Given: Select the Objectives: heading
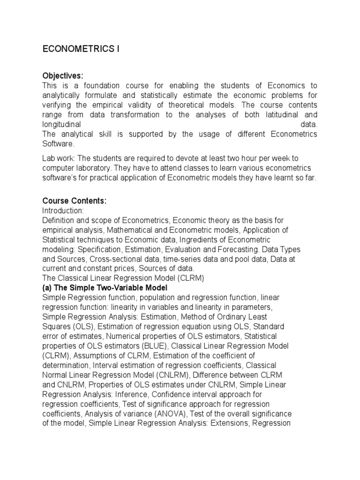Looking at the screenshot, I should tap(63, 76).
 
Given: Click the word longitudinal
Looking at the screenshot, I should tap(62, 125).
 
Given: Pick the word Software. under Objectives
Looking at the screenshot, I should tap(58, 144).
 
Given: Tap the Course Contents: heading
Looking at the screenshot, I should tap(75, 201).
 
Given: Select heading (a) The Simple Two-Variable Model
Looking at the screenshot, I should tap(105, 288).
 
